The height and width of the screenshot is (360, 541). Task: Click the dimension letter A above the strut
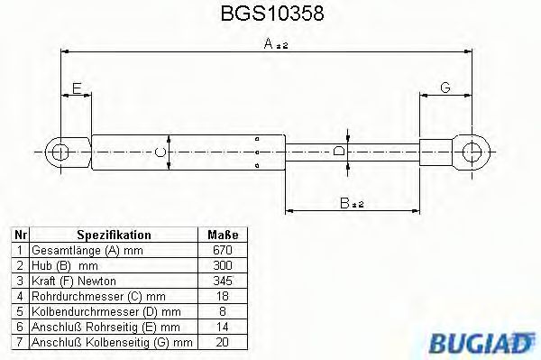click(x=269, y=42)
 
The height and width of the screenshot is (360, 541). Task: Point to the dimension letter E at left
click(x=78, y=88)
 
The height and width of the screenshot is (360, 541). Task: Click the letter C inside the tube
click(x=160, y=152)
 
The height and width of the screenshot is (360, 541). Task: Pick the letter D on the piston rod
click(x=338, y=152)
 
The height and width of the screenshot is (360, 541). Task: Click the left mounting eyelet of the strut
click(x=60, y=151)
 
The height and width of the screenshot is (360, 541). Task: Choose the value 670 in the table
click(x=223, y=250)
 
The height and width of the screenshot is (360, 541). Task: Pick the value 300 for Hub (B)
click(x=223, y=265)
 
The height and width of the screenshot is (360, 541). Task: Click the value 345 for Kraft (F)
click(x=223, y=281)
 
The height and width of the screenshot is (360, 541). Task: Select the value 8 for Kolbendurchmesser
click(x=223, y=311)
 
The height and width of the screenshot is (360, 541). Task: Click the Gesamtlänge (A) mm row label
click(x=87, y=250)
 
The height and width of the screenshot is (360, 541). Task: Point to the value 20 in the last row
click(x=223, y=342)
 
